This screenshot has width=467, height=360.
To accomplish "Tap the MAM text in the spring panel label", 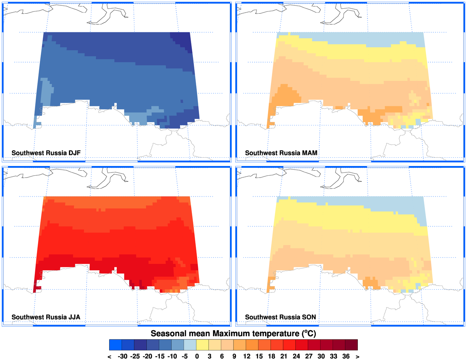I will (x=310, y=153).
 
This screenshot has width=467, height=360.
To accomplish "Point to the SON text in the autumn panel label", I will (x=309, y=317).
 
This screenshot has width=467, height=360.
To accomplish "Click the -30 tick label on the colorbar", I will (x=122, y=356).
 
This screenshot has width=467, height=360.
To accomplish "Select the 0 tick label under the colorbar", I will (x=197, y=356).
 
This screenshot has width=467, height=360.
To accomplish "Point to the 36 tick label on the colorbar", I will (x=346, y=356).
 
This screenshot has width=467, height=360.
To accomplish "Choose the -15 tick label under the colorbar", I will (x=159, y=356).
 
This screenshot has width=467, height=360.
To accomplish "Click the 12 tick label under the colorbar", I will (x=246, y=356).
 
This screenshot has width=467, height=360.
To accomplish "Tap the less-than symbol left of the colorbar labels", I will (x=109, y=356).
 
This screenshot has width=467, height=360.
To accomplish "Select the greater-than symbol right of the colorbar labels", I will (x=357, y=356).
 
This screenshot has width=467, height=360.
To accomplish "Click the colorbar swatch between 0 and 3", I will (x=203, y=345).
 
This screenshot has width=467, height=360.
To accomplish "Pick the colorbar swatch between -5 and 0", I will (x=190, y=345).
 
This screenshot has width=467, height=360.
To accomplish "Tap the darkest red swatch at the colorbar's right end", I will (x=351, y=345).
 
